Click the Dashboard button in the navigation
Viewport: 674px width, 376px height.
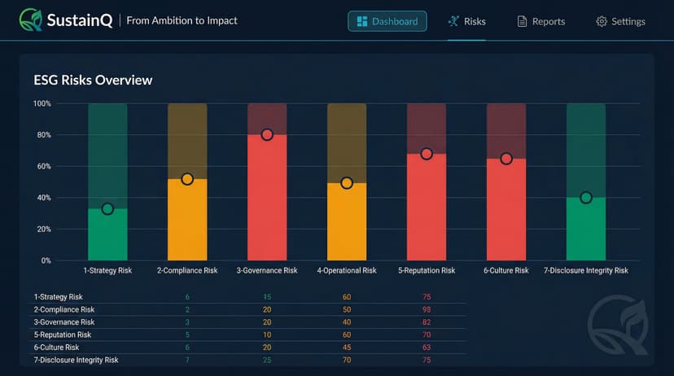coord(387,21)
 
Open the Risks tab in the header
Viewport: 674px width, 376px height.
coord(466,21)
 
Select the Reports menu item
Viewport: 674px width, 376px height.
coord(541,21)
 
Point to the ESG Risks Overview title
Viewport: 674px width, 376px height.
coord(93,80)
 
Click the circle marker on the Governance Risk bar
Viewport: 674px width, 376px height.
coord(267,134)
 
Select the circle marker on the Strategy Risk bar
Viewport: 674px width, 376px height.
coord(107,209)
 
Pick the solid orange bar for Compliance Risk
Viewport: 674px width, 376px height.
coord(187,221)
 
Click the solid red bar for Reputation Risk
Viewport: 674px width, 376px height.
coord(427,208)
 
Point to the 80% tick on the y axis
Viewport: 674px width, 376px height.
coord(42,135)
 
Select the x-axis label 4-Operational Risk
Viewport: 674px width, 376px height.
coord(347,270)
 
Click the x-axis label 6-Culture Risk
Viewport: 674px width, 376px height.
coord(506,270)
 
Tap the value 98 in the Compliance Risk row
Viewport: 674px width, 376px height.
coord(427,310)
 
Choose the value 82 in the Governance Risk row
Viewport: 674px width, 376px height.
coord(427,322)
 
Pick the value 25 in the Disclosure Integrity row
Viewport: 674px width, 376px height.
coord(267,360)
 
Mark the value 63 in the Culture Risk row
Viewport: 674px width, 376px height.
coord(427,348)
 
